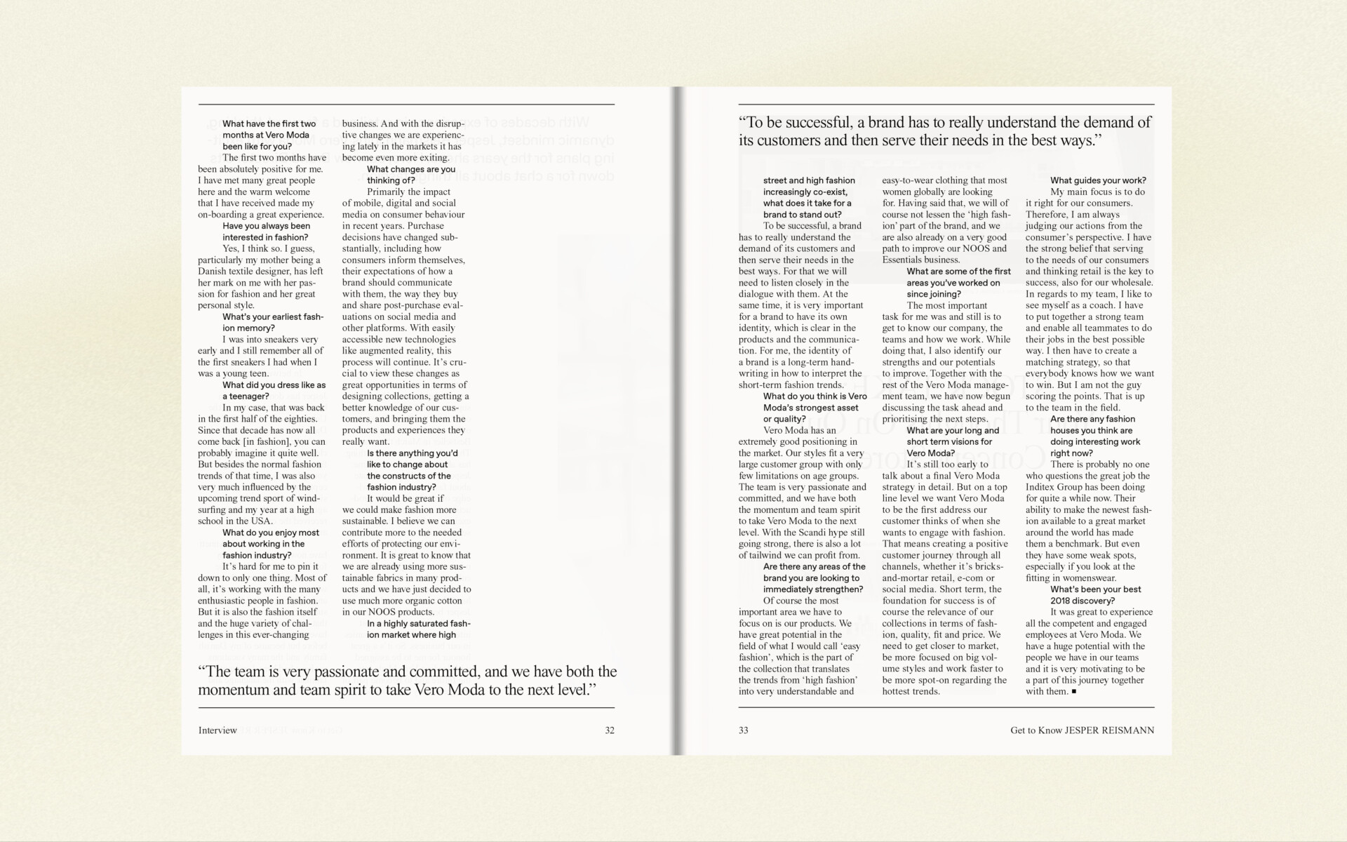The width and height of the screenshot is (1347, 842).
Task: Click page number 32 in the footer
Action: (609, 730)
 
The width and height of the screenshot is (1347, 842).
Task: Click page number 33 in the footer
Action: (743, 730)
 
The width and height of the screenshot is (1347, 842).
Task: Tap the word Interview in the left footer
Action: (217, 730)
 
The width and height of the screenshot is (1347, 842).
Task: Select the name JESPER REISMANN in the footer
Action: (1108, 730)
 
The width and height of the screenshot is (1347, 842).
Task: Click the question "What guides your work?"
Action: (1098, 180)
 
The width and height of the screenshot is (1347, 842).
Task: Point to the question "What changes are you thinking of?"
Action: (410, 175)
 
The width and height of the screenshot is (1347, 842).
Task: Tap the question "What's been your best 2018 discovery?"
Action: (1095, 595)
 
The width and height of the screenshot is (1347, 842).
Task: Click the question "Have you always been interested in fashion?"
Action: (266, 232)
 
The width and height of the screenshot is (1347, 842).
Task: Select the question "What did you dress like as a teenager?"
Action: (274, 390)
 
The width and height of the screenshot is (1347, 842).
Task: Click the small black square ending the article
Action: (1073, 692)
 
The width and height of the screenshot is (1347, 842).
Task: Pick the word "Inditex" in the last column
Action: (1043, 487)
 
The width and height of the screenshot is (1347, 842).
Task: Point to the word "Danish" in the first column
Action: (212, 272)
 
